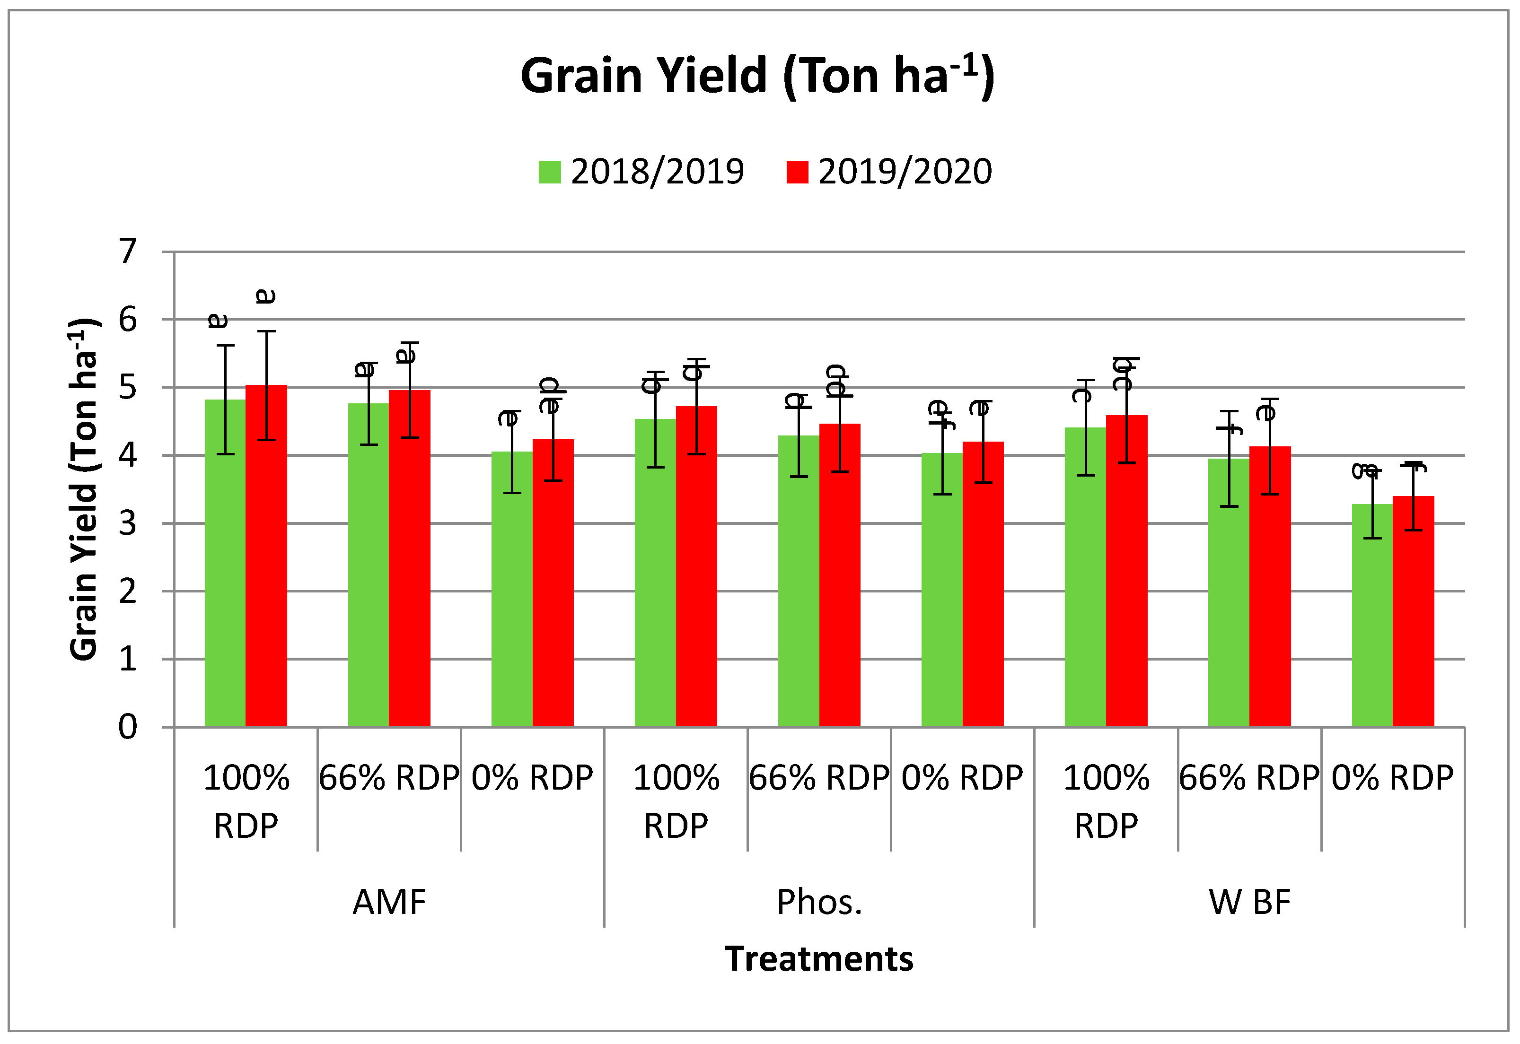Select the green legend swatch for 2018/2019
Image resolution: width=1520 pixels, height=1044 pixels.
pyautogui.click(x=550, y=172)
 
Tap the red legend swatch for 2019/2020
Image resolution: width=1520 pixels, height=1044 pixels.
pyautogui.click(x=797, y=172)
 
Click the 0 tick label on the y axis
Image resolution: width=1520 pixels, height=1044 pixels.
pyautogui.click(x=128, y=727)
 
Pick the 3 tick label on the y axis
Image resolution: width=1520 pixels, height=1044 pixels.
pyautogui.click(x=128, y=523)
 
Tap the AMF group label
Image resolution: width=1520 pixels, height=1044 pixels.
pyautogui.click(x=389, y=902)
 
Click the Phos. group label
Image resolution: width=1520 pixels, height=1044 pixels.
pyautogui.click(x=819, y=902)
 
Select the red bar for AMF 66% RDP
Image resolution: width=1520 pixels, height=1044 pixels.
pyautogui.click(x=410, y=563)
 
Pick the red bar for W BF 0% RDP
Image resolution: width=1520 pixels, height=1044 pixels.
pyautogui.click(x=1414, y=615)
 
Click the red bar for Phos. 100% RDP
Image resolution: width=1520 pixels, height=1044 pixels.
pyautogui.click(x=696, y=569)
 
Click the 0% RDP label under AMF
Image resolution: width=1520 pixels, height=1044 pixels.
pyautogui.click(x=532, y=778)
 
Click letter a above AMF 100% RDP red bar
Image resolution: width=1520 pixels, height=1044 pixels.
pyautogui.click(x=266, y=296)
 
